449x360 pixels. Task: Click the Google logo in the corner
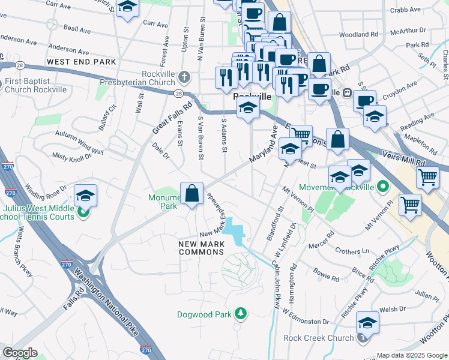point(20,353)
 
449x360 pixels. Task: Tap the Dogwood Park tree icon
point(241,314)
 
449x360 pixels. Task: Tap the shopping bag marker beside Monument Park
point(191,194)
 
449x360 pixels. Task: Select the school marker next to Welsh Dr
point(367,323)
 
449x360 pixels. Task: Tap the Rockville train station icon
point(346,93)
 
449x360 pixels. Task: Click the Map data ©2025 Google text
point(411,355)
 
